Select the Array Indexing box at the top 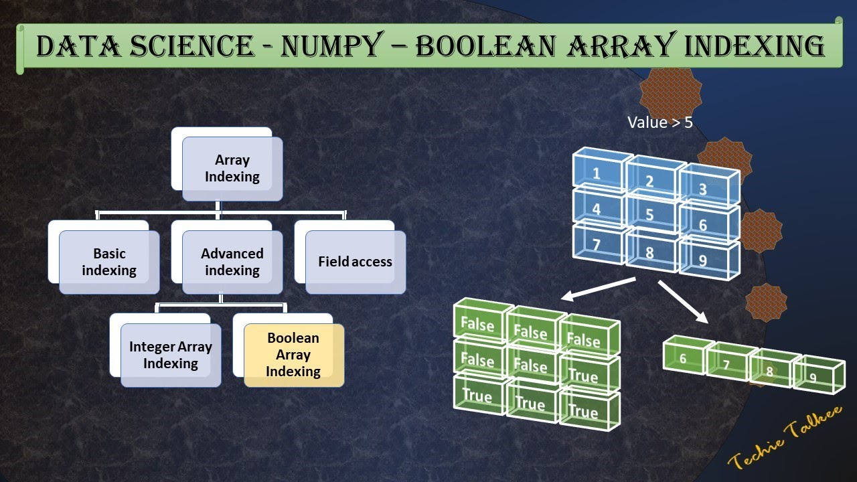point(232,169)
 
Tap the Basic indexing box point(109,262)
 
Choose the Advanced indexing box point(232,262)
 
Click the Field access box point(355,262)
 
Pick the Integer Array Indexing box point(171,355)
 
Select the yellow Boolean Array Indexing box point(293,355)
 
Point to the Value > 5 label point(659,123)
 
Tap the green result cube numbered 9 point(815,375)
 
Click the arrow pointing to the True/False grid point(597,289)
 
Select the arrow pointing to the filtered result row point(683,302)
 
